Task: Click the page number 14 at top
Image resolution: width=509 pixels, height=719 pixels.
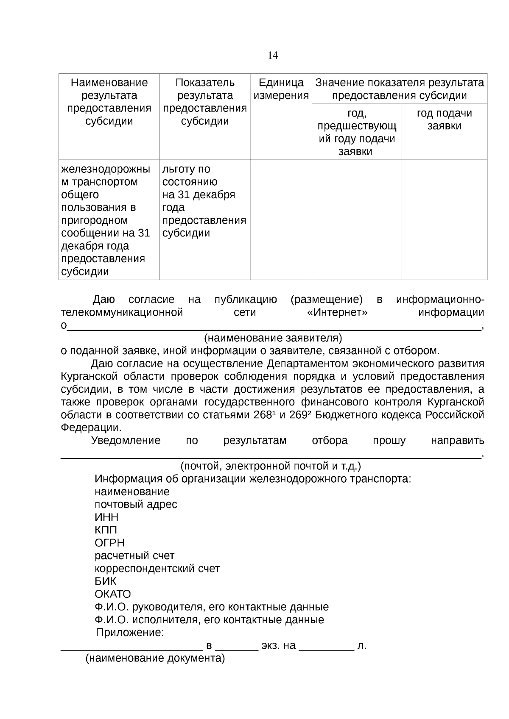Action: (x=273, y=56)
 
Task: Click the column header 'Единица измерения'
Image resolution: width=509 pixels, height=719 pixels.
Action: (x=281, y=89)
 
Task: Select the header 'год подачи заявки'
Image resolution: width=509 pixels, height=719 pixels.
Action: (x=444, y=119)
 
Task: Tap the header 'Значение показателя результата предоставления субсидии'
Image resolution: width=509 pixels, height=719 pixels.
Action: (x=399, y=89)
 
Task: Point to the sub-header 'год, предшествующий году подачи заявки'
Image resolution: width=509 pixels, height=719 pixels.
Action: (x=357, y=132)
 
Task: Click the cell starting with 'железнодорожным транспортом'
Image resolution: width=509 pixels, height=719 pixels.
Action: (x=106, y=220)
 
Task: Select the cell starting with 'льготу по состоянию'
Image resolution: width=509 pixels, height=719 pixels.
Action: (x=204, y=201)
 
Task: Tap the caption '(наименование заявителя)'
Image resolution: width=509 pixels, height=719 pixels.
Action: (x=273, y=338)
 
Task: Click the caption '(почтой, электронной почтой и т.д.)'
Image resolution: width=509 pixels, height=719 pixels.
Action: (x=271, y=466)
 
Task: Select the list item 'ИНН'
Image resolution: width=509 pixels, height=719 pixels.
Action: (x=106, y=517)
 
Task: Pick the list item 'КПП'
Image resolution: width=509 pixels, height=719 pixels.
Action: (x=106, y=530)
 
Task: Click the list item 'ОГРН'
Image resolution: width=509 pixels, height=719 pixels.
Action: (x=109, y=543)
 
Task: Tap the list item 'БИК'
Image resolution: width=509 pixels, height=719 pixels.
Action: (x=105, y=581)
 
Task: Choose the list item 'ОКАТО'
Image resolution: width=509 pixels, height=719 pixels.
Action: (x=112, y=594)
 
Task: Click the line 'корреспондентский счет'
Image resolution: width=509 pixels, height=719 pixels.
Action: (x=157, y=569)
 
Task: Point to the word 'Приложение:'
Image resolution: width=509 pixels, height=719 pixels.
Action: (x=130, y=633)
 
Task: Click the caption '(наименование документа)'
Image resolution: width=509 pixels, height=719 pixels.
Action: (x=155, y=658)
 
